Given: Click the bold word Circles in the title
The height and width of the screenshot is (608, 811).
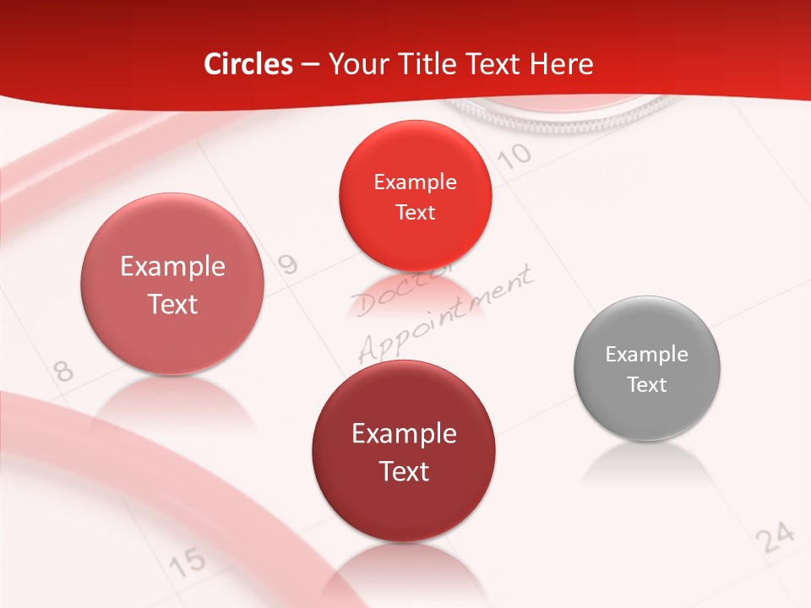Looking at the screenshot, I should (x=248, y=64).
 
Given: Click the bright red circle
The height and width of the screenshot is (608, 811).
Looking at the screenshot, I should (x=415, y=192).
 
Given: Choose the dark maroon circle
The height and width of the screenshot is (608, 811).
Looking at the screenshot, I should (x=404, y=451).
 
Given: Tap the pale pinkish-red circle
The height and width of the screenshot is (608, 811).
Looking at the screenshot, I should (x=172, y=284).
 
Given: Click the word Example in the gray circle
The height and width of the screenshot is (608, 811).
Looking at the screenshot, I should (x=646, y=355).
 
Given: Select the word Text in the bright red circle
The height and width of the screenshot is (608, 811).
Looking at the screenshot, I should (x=415, y=212).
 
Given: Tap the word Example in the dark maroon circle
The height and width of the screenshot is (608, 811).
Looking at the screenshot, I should (x=404, y=433).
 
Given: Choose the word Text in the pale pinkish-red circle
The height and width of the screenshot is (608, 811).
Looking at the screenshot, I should (x=172, y=304).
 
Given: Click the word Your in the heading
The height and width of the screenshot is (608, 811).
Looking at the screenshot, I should (x=354, y=64).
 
